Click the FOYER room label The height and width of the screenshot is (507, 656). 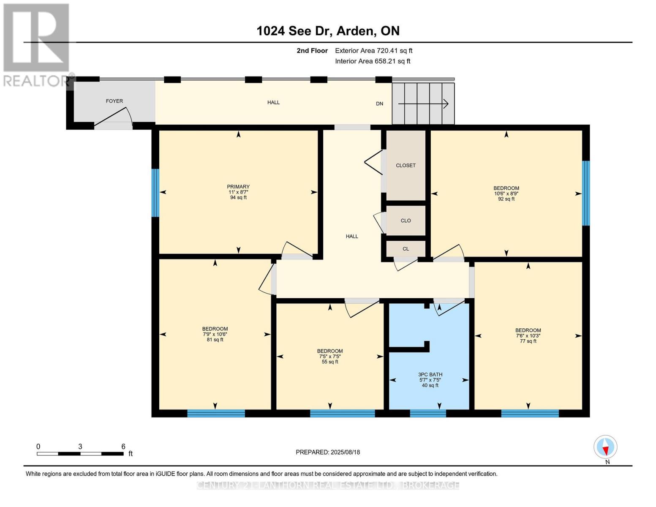click(114, 101)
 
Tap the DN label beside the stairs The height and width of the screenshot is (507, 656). click(379, 104)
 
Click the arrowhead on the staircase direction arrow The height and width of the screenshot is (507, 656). click(446, 104)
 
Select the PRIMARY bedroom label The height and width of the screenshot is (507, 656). click(238, 187)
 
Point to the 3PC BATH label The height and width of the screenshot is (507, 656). click(430, 374)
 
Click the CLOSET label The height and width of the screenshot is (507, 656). click(406, 165)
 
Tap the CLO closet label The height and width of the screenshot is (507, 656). click(406, 221)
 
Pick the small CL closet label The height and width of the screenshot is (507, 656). click(406, 249)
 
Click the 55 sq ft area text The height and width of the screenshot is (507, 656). click(330, 362)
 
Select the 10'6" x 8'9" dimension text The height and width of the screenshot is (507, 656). click(506, 194)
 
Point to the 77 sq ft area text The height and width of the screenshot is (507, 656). click(528, 341)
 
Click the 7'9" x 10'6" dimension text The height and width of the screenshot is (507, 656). click(215, 334)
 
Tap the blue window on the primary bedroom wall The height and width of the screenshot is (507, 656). click(155, 193)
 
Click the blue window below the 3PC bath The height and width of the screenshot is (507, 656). click(428, 413)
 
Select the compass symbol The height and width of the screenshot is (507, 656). click(605, 447)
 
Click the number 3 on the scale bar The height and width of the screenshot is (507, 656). click(80, 447)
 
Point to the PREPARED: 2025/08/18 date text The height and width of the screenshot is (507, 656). click(328, 452)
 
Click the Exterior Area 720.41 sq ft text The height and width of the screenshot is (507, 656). click(374, 51)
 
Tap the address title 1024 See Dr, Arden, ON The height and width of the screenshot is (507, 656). click(328, 31)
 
